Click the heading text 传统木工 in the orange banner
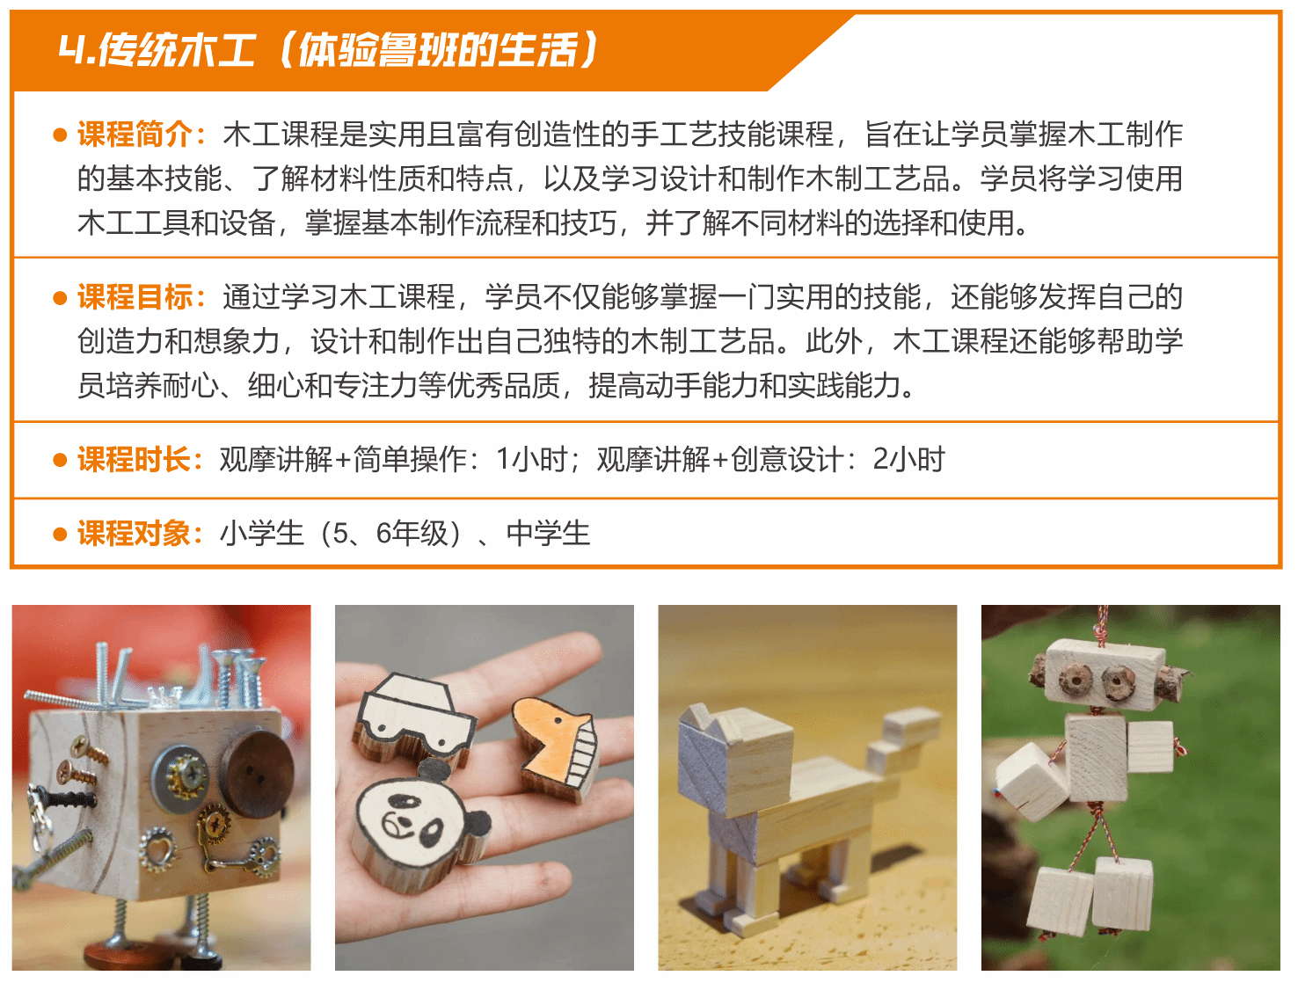[177, 49]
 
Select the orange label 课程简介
[134, 135]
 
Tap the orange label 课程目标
[134, 296]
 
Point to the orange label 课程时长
[134, 459]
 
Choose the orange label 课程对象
[134, 533]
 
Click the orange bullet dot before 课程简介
[60, 135]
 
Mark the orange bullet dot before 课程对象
[60, 535]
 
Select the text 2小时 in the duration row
[908, 459]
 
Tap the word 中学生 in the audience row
[548, 533]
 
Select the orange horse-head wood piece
[556, 746]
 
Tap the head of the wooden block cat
[736, 758]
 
